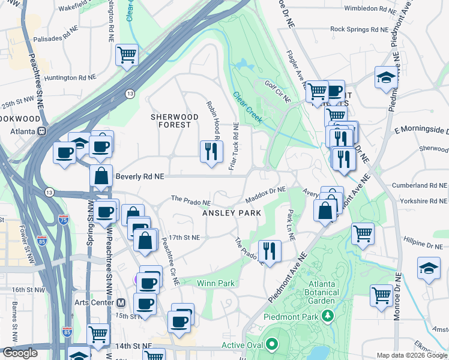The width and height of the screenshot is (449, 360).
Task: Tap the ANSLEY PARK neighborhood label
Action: pyautogui.click(x=231, y=213)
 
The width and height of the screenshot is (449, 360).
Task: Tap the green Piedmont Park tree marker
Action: pyautogui.click(x=327, y=315)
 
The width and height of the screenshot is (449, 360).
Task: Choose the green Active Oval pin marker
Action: pyautogui.click(x=271, y=344)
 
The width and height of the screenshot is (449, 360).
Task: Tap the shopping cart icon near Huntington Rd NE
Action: pyautogui.click(x=127, y=55)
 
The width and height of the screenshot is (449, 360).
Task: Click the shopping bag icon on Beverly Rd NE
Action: pyautogui.click(x=101, y=176)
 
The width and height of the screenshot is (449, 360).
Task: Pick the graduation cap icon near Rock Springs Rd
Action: pyautogui.click(x=385, y=77)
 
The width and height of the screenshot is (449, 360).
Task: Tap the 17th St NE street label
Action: pyautogui.click(x=184, y=238)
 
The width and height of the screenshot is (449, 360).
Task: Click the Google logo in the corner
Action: pyautogui.click(x=20, y=352)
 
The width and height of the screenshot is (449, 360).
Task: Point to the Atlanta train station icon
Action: pyautogui.click(x=43, y=131)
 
